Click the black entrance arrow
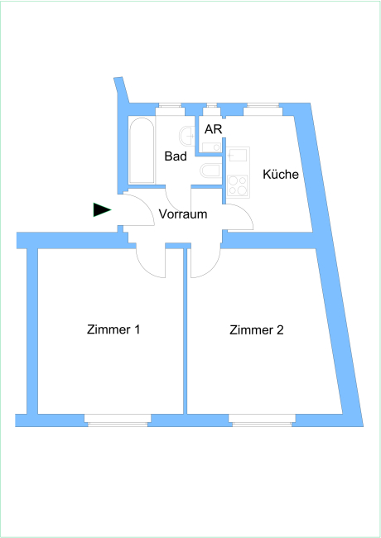tap(102, 209)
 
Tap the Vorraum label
tap(183, 214)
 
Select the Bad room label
tap(176, 156)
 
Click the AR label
tap(213, 129)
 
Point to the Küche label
tap(281, 174)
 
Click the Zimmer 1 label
tap(113, 329)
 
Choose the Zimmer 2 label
tap(257, 329)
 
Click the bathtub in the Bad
tap(142, 151)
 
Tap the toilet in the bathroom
tap(210, 171)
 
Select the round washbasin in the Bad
tap(187, 137)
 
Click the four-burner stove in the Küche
tap(238, 185)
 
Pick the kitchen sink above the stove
tap(238, 155)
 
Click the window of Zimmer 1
tap(118, 420)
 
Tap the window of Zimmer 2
tap(263, 420)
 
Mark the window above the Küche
tap(263, 109)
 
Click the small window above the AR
tap(212, 109)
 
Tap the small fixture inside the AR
tap(211, 147)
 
